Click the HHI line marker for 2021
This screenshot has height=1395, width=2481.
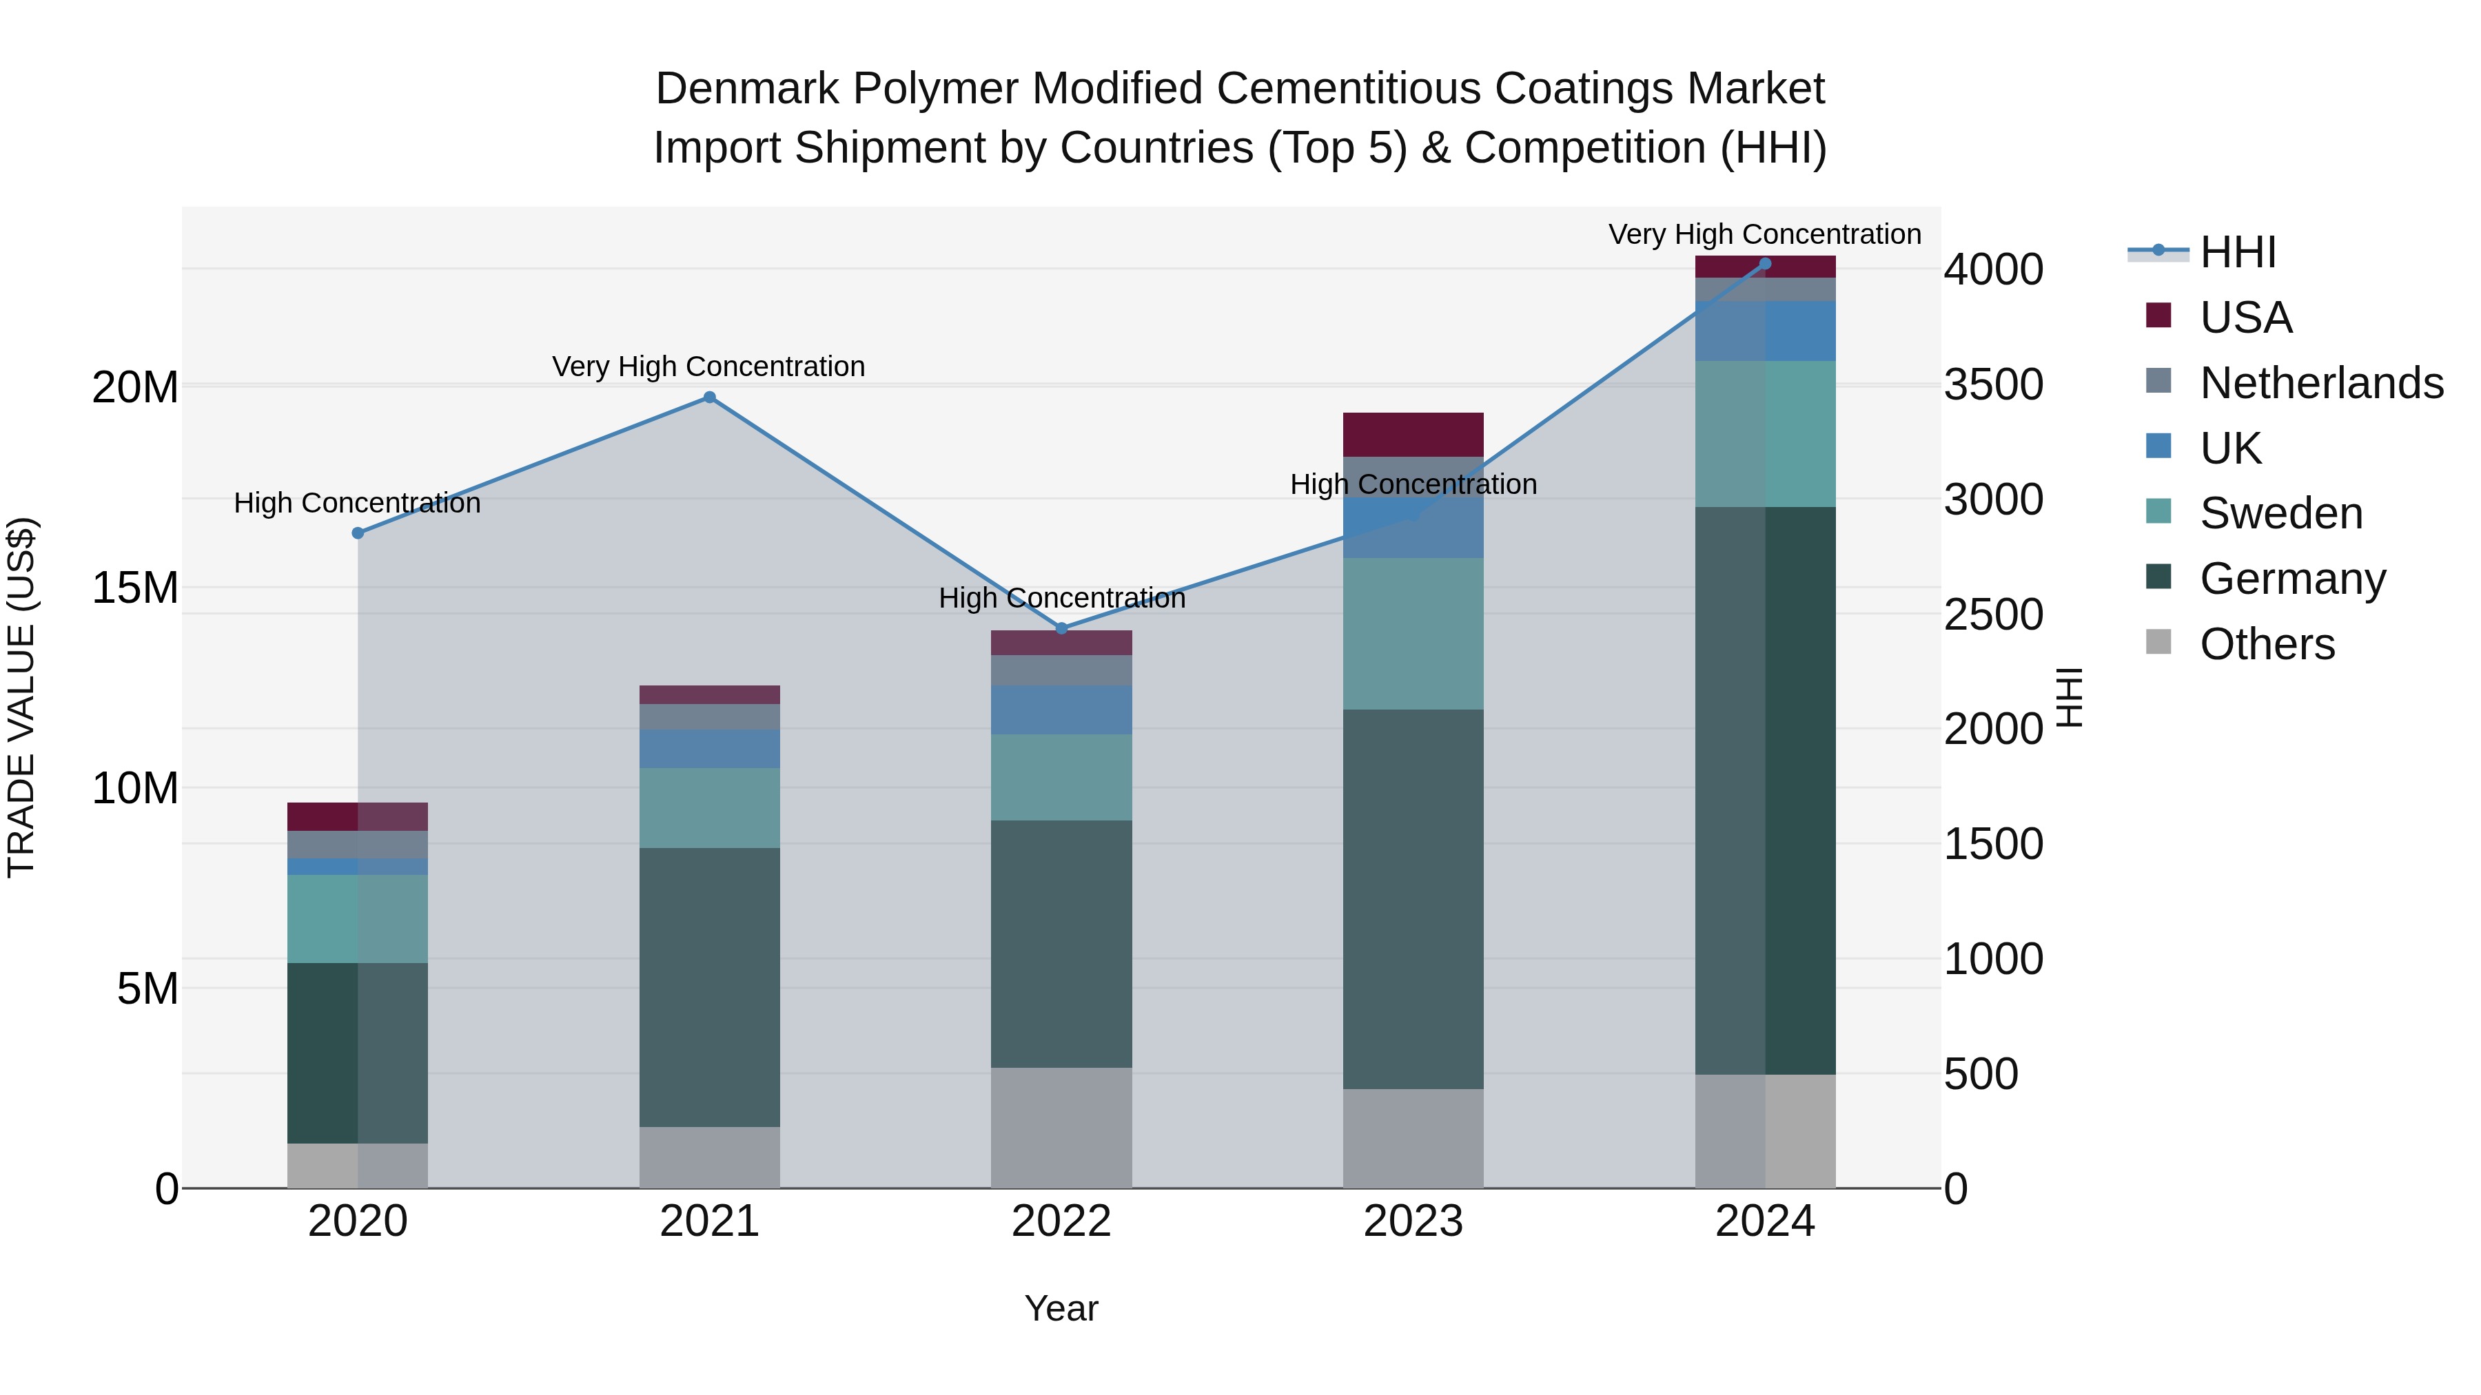click(709, 397)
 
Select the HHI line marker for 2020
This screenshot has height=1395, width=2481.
click(357, 533)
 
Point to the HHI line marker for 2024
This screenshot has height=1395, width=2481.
click(1764, 264)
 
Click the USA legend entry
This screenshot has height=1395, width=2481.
click(2245, 317)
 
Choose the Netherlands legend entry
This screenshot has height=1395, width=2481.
click(2321, 382)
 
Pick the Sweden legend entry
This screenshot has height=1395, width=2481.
click(2280, 513)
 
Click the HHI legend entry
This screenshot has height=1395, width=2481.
click(2237, 252)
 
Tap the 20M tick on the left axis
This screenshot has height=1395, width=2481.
click(135, 388)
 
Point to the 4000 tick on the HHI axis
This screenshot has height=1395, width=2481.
click(1992, 269)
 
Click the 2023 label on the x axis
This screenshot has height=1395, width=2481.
click(1413, 1221)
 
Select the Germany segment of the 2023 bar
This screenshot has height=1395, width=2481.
click(1413, 899)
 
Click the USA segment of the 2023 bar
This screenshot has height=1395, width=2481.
click(1413, 434)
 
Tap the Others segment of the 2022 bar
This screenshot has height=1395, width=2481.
click(1061, 1127)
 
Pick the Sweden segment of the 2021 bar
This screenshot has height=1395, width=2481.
click(709, 808)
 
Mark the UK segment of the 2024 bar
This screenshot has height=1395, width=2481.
click(1764, 331)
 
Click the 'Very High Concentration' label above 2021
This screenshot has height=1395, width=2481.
click(709, 366)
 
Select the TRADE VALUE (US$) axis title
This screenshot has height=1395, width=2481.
click(21, 697)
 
